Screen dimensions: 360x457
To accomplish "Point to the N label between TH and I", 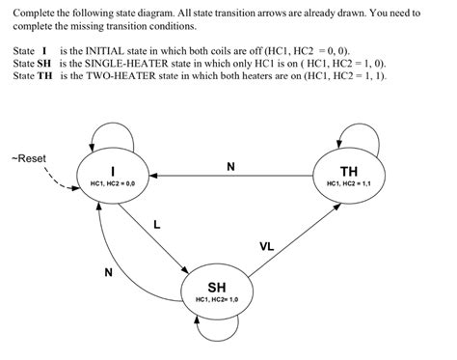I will tap(229, 166).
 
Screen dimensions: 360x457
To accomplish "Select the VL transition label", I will tap(266, 246).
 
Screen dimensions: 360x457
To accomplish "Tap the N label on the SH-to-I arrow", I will tap(108, 272).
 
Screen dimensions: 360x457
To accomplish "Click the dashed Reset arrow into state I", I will tap(58, 180).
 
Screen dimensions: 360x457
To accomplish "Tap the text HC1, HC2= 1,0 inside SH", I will tap(217, 300).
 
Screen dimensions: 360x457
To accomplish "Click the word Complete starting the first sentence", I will tap(33, 11).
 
